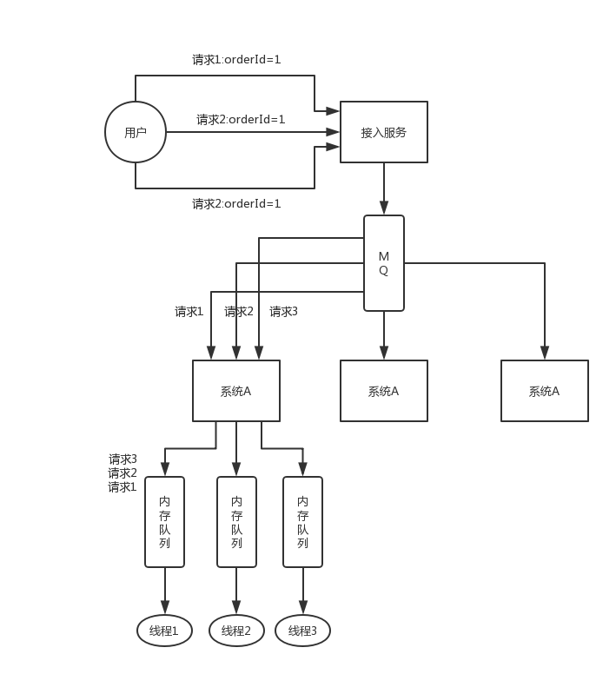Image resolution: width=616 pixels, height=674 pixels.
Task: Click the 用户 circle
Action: (x=136, y=132)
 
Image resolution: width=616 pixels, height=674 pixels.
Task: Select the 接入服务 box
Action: (x=383, y=132)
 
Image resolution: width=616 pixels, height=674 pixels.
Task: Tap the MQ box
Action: (x=383, y=263)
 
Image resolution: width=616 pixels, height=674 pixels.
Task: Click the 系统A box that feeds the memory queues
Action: (x=235, y=391)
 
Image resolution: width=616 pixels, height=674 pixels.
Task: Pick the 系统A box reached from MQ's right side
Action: (x=544, y=391)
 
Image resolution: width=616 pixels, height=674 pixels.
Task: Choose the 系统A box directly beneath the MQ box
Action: (x=383, y=391)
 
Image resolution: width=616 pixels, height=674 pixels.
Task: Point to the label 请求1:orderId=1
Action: (x=236, y=60)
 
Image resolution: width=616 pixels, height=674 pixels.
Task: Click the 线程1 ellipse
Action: (x=164, y=631)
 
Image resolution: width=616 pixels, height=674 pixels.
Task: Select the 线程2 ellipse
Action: (x=235, y=631)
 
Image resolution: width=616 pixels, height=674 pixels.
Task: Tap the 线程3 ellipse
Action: (x=302, y=631)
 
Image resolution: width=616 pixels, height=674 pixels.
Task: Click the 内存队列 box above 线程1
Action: (x=164, y=521)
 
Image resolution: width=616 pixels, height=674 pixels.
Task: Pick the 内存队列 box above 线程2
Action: (x=236, y=521)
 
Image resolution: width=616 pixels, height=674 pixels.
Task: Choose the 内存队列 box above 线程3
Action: (x=302, y=521)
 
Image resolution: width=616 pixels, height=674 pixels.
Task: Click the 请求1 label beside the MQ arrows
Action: (x=189, y=312)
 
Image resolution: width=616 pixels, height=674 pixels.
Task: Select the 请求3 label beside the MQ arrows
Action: (x=283, y=312)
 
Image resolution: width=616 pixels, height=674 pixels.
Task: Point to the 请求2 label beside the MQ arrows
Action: (x=239, y=312)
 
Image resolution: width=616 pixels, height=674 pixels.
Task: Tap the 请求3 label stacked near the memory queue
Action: (x=123, y=459)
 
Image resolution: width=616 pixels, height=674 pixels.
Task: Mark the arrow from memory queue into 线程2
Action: (x=235, y=591)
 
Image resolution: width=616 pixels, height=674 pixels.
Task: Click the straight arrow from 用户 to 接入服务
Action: (x=252, y=132)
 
